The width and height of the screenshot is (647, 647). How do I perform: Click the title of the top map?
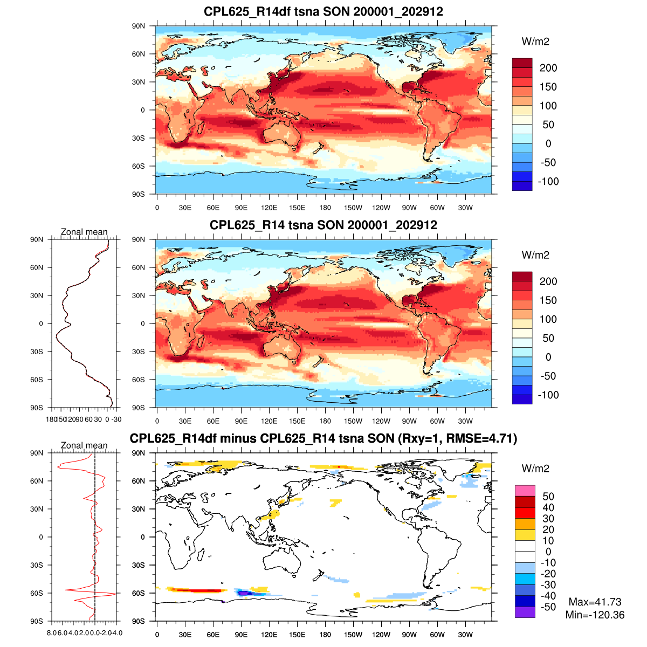[x=323, y=11]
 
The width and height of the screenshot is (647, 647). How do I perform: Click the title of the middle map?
[x=323, y=225]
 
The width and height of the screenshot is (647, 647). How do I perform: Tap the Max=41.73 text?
[x=595, y=602]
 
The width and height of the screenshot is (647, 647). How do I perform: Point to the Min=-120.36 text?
[x=595, y=615]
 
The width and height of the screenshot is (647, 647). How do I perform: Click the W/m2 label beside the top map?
[x=535, y=42]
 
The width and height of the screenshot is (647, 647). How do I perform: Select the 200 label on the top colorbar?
[x=548, y=68]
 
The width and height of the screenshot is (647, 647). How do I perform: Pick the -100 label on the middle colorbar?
[x=548, y=395]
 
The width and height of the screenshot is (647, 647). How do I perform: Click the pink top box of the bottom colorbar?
[x=525, y=491]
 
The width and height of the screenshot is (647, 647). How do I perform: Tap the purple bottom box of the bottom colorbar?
[x=525, y=612]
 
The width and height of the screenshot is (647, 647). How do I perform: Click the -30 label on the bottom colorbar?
[x=548, y=584]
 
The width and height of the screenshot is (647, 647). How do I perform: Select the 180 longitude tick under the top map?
[x=325, y=208]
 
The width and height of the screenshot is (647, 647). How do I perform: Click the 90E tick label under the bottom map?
[x=241, y=635]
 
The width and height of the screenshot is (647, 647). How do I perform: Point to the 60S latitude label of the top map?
[x=139, y=166]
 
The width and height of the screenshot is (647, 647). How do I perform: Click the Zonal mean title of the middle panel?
[x=84, y=232]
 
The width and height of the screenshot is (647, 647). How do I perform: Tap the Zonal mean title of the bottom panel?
[x=84, y=445]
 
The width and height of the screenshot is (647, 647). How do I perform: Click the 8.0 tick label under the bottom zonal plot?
[x=52, y=632]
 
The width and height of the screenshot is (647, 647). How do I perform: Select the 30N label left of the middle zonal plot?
[x=37, y=295]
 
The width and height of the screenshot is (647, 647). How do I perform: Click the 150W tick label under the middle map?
[x=353, y=421]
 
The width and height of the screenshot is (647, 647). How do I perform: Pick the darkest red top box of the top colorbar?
[x=522, y=63]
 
